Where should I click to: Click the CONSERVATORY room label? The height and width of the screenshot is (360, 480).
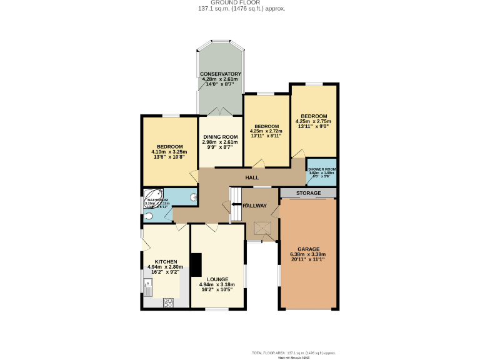pos(221,74)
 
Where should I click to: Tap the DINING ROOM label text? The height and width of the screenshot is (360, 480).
pos(220,136)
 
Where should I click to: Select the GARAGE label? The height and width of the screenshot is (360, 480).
pos(309,249)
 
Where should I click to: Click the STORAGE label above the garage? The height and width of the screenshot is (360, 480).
pos(308,193)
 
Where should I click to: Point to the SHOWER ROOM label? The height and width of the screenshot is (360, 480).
pos(322,169)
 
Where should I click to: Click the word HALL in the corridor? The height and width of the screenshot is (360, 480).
pos(252,177)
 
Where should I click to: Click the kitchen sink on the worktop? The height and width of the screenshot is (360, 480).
pos(149,287)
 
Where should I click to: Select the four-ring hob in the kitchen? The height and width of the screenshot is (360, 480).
pos(168,302)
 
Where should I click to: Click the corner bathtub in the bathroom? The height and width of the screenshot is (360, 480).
pos(153,199)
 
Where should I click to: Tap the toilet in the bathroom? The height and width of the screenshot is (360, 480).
pos(148,217)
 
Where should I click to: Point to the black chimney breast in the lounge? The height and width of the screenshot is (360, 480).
pos(196,264)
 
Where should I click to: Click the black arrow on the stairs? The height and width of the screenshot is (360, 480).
pos(232,204)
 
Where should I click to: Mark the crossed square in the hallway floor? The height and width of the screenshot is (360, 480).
pos(260,229)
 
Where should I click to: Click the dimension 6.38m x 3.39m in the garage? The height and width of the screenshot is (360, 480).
pos(309,254)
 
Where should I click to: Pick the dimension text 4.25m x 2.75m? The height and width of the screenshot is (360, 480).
pos(313,121)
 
